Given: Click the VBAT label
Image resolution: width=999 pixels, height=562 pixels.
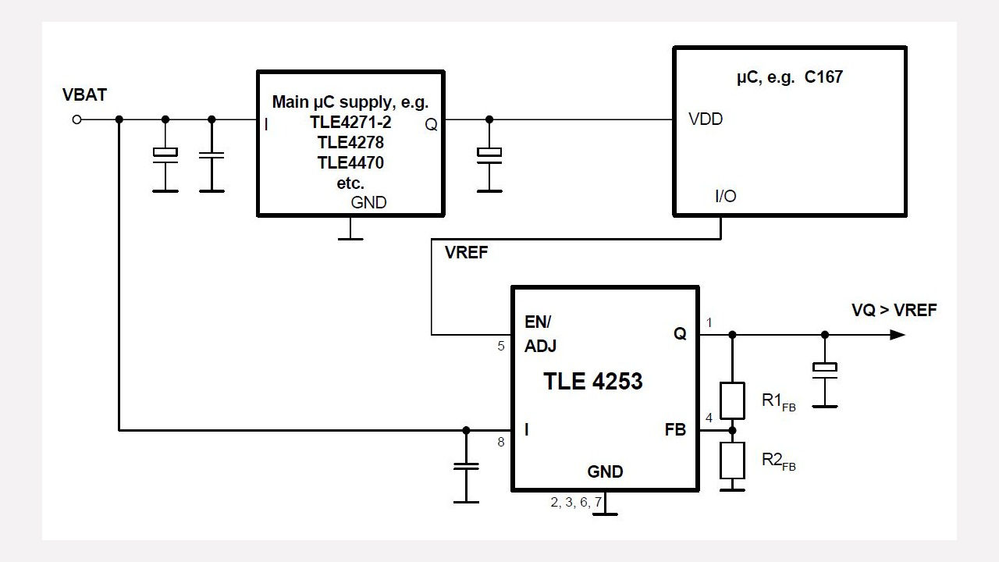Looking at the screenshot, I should [x=84, y=95].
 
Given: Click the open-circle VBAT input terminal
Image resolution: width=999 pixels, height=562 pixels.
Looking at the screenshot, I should [x=76, y=119].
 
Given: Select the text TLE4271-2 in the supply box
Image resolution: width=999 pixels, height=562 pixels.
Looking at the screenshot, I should [x=350, y=123].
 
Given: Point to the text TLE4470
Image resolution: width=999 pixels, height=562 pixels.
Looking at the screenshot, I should [x=350, y=163].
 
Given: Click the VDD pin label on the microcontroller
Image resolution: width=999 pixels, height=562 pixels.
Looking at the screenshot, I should [x=706, y=119].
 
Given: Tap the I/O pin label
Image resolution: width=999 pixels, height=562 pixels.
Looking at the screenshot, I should [x=725, y=196].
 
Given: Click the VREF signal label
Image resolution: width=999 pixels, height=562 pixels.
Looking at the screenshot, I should [x=466, y=253].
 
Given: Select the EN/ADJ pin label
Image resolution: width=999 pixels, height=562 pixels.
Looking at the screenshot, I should [x=540, y=334].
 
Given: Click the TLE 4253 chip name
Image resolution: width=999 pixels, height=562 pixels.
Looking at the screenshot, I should [x=593, y=381].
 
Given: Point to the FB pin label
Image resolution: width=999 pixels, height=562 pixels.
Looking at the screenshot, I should [x=675, y=429].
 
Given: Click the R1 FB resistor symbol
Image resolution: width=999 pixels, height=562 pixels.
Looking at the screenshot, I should [x=731, y=400].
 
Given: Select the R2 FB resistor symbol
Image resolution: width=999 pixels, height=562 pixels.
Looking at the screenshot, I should [x=731, y=461].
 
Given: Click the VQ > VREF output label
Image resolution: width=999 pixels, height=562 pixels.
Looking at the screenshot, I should [x=894, y=311].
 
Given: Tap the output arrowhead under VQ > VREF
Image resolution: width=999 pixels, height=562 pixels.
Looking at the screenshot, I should [x=898, y=335].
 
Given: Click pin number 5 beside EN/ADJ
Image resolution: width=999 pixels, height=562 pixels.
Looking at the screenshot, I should [x=501, y=347].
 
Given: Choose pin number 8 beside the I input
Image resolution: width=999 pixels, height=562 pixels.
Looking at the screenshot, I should [x=501, y=443].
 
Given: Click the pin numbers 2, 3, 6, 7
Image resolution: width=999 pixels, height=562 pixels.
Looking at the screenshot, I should [x=576, y=503].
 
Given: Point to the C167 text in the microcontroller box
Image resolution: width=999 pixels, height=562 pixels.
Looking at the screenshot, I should [x=823, y=78].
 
